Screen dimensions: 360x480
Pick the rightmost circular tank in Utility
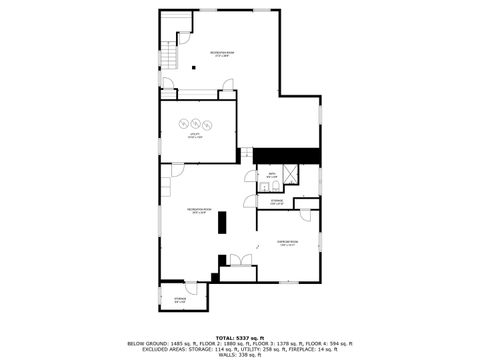pos(206,123)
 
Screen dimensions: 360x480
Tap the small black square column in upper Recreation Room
pos(195,82)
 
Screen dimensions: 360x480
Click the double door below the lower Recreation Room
pos(240,261)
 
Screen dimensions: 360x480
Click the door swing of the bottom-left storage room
pos(204,287)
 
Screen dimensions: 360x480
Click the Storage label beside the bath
pos(277,201)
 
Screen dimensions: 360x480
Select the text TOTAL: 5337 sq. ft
pos(239,337)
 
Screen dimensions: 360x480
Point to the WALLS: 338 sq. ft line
pos(239,354)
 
